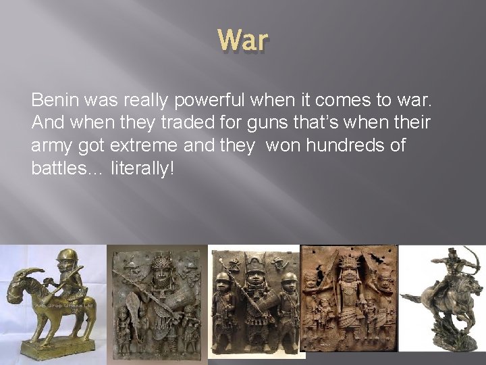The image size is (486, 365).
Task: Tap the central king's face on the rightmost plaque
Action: pyautogui.click(x=348, y=277)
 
